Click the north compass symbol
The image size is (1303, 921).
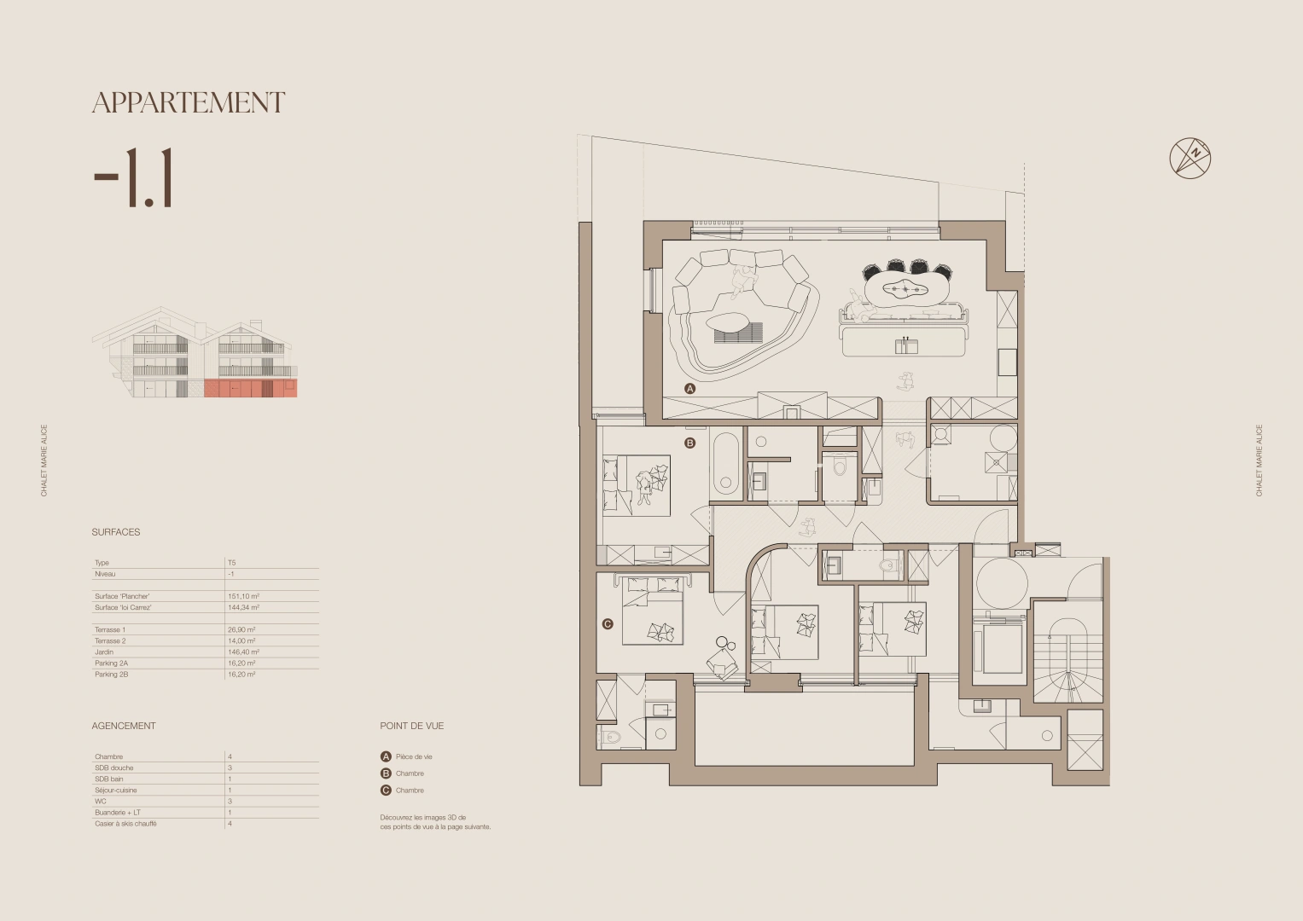1190,158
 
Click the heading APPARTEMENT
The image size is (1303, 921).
189,103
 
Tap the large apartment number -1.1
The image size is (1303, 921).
134,178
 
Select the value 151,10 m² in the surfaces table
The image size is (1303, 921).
243,597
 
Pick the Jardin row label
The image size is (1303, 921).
104,652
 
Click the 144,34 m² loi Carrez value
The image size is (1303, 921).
243,608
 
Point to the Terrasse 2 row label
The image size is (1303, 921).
110,641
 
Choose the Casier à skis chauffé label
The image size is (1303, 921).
125,824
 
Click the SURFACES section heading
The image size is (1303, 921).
116,532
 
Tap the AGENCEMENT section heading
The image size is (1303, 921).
124,726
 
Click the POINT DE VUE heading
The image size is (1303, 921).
412,726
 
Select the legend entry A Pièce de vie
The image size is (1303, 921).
407,756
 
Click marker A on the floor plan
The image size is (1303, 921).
690,388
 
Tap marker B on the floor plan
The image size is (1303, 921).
690,443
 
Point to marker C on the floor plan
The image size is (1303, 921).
608,624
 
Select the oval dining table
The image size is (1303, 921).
907,289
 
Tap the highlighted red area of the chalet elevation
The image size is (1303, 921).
250,389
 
